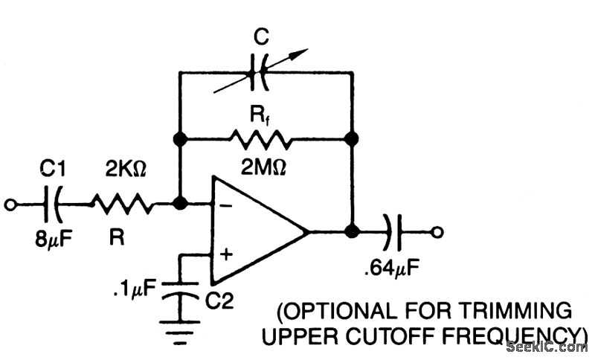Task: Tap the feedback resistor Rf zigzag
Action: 264,138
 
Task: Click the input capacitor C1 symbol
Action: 54,202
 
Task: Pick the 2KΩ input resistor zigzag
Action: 123,202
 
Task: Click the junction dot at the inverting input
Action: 179,202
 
